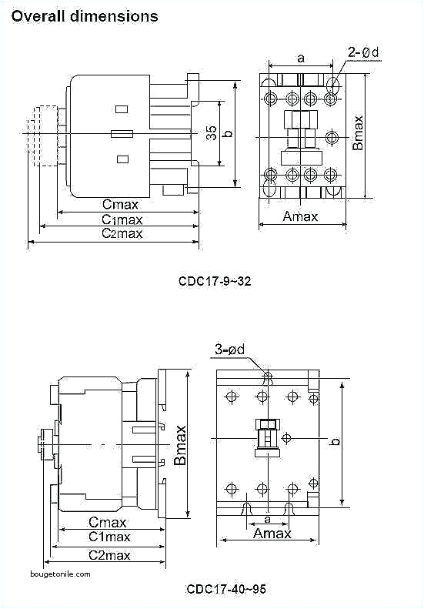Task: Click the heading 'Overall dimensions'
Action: coord(85,15)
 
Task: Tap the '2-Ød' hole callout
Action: coord(363,53)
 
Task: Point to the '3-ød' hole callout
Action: coord(229,350)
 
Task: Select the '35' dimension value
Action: coord(211,133)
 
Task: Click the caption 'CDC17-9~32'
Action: coord(215,281)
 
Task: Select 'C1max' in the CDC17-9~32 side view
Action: coord(123,219)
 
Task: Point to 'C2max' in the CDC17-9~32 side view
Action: coord(122,233)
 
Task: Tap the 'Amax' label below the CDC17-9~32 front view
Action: coord(300,216)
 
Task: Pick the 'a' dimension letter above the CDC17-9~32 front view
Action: coord(300,58)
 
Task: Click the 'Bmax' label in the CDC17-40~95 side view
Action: coord(180,444)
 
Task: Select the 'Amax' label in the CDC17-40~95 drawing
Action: coord(272,533)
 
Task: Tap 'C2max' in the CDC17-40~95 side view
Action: coord(109,554)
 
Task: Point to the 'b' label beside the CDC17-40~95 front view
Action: coord(335,441)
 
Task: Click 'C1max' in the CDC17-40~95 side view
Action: coord(109,537)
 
